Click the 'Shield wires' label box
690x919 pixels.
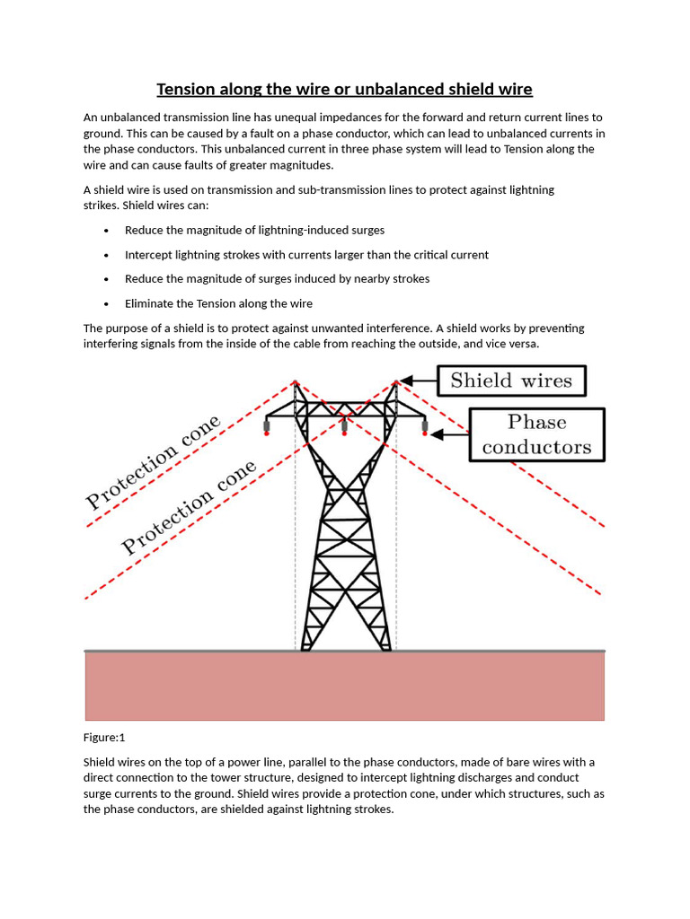[x=510, y=381]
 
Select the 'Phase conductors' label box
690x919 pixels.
[x=536, y=434]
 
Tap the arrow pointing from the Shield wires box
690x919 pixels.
[x=418, y=381]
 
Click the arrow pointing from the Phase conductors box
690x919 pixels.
[x=449, y=434]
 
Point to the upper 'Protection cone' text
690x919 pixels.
[x=152, y=463]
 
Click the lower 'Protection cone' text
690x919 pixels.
[x=189, y=507]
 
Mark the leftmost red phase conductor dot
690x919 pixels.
[x=267, y=433]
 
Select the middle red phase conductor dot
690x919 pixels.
[x=345, y=433]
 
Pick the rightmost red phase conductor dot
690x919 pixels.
[x=424, y=433]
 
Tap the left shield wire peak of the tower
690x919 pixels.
[x=295, y=383]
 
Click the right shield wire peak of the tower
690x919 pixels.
[x=395, y=383]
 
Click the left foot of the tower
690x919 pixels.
[x=305, y=646]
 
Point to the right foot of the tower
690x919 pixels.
[x=385, y=646]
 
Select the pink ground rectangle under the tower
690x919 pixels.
[x=345, y=686]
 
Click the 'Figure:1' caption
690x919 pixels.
[x=104, y=737]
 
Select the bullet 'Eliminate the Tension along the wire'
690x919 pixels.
[x=218, y=303]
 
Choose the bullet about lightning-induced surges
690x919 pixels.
[x=254, y=231]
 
